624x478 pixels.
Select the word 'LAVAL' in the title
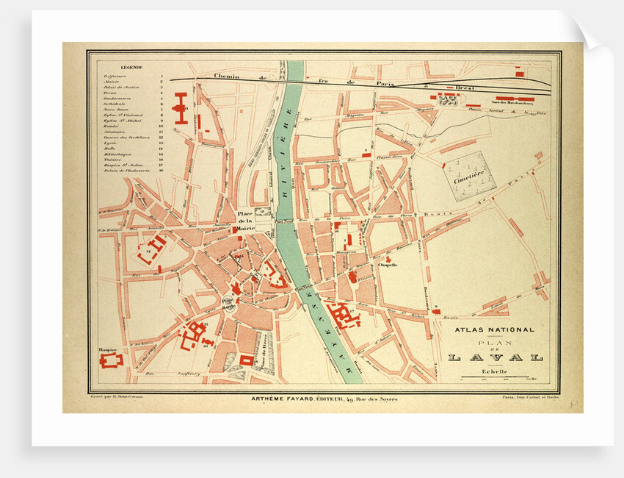pyautogui.click(x=496, y=357)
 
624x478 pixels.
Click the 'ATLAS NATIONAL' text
pyautogui.click(x=496, y=330)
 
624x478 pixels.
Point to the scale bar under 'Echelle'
pyautogui.click(x=496, y=378)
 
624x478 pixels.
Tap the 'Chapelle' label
pyautogui.click(x=388, y=265)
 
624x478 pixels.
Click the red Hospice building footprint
pyautogui.click(x=113, y=361)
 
